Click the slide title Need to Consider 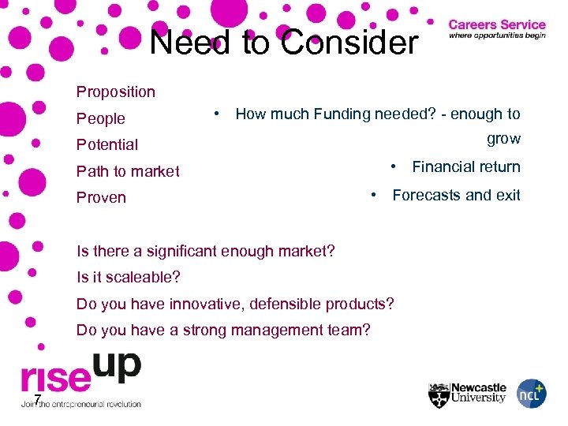pos(284,42)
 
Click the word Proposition pos(115,92)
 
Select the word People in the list pos(100,118)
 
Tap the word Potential pos(106,144)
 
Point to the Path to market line pos(128,171)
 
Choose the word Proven pos(101,197)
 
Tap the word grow pos(503,139)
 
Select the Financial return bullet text pos(465,166)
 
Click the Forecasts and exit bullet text pos(456,195)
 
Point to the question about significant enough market pos(205,252)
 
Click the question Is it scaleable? pos(128,278)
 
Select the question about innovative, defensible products pos(235,304)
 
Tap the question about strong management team pos(222,330)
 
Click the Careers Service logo pos(496,30)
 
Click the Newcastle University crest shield pos(439,394)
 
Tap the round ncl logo pos(531,394)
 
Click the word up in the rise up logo pos(117,366)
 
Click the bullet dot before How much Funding pos(215,114)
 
